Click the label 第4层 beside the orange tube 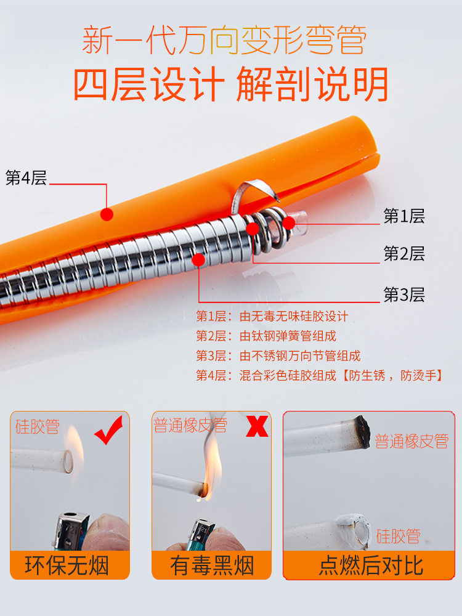pyautogui.click(x=26, y=177)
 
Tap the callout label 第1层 pyautogui.click(x=404, y=216)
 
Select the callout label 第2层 pyautogui.click(x=404, y=254)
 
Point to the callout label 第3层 pyautogui.click(x=404, y=294)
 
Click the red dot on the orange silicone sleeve pyautogui.click(x=107, y=214)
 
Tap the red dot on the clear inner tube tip pyautogui.click(x=289, y=223)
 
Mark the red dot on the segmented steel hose pyautogui.click(x=199, y=260)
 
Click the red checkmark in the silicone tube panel pyautogui.click(x=108, y=430)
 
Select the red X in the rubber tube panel pyautogui.click(x=257, y=426)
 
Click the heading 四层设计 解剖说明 pyautogui.click(x=231, y=84)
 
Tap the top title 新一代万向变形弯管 pyautogui.click(x=224, y=39)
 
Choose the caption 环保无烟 pyautogui.click(x=67, y=565)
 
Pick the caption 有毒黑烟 pyautogui.click(x=212, y=565)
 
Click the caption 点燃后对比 pyautogui.click(x=371, y=565)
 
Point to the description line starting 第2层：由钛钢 pyautogui.click(x=266, y=336)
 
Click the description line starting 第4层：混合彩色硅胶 pyautogui.click(x=320, y=376)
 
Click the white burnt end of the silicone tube pyautogui.click(x=354, y=531)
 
